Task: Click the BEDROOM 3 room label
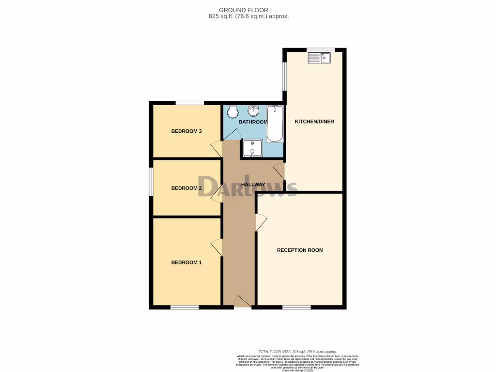pos(186,131)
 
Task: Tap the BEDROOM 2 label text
pos(186,188)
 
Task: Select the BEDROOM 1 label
pos(186,263)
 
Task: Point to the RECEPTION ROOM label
pos(300,250)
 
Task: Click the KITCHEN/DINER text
pos(314,122)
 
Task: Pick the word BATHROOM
pos(253,122)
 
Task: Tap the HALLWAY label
pos(253,185)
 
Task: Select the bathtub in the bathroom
pos(275,124)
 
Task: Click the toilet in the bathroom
pos(233,112)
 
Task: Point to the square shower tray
pos(252,149)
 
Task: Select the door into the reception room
pos(261,222)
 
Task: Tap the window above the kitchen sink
pos(321,49)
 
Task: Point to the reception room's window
pos(296,307)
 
